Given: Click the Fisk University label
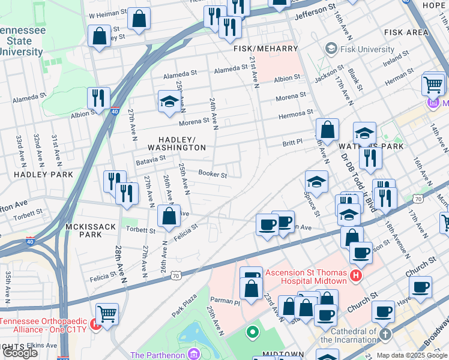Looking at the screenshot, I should pos(366,48).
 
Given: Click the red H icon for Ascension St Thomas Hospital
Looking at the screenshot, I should pos(356,276).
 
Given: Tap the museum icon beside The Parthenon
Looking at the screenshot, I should pos(193,355).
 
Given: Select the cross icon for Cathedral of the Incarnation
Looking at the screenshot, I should pos(385,333).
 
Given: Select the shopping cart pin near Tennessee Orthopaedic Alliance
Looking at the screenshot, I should pos(107,313).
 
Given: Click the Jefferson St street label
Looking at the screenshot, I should pos(315,10).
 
